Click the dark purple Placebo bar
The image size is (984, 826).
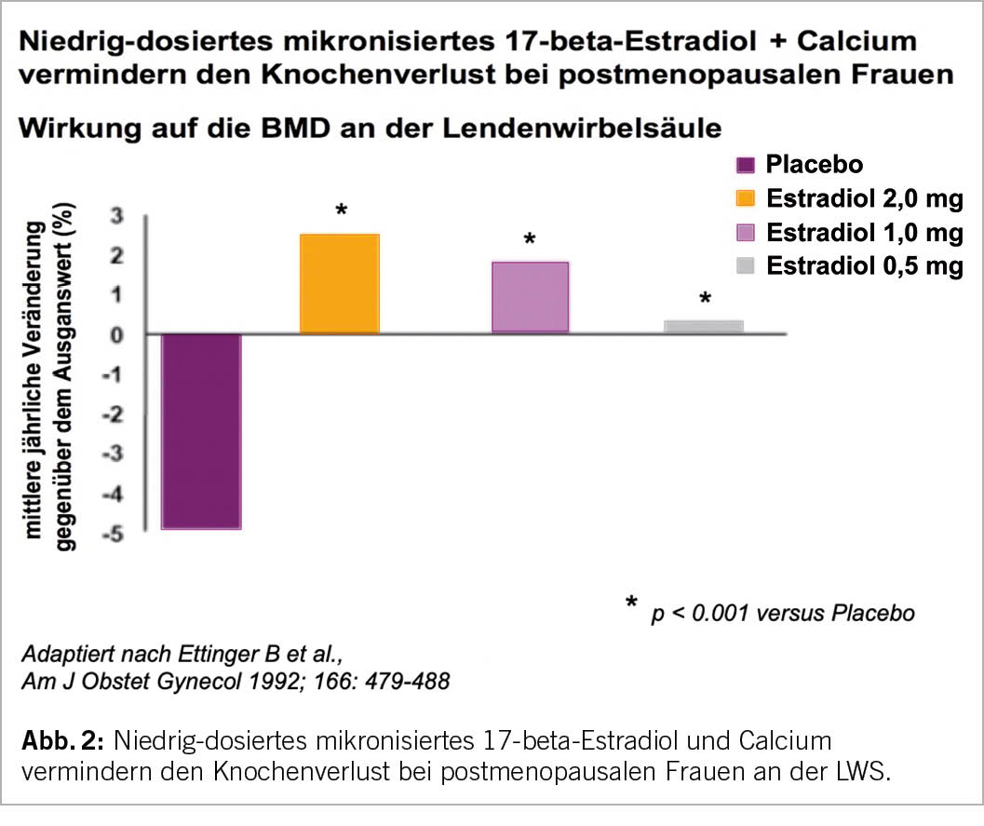click(x=201, y=430)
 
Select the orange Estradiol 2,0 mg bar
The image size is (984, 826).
click(x=339, y=284)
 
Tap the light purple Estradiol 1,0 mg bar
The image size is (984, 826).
click(x=529, y=297)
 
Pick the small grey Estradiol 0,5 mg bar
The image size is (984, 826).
click(x=703, y=326)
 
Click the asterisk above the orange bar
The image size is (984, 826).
click(x=341, y=211)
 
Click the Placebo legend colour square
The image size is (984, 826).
click(x=745, y=166)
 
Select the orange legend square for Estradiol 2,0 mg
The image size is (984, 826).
click(x=745, y=199)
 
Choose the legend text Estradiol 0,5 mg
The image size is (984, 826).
click(x=864, y=266)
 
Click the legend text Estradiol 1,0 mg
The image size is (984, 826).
click(x=864, y=233)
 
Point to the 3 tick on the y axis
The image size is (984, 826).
click(x=116, y=215)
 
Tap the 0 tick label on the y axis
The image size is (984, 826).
click(x=116, y=334)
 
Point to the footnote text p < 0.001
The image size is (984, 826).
click(x=709, y=613)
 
